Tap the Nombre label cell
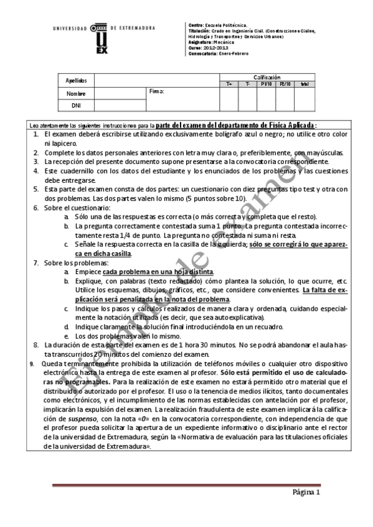click(x=76, y=93)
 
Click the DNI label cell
click(x=76, y=105)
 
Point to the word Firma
click(x=156, y=91)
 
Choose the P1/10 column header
click(x=266, y=83)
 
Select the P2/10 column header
click(x=285, y=83)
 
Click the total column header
click(x=304, y=83)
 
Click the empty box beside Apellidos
click(x=156, y=81)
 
